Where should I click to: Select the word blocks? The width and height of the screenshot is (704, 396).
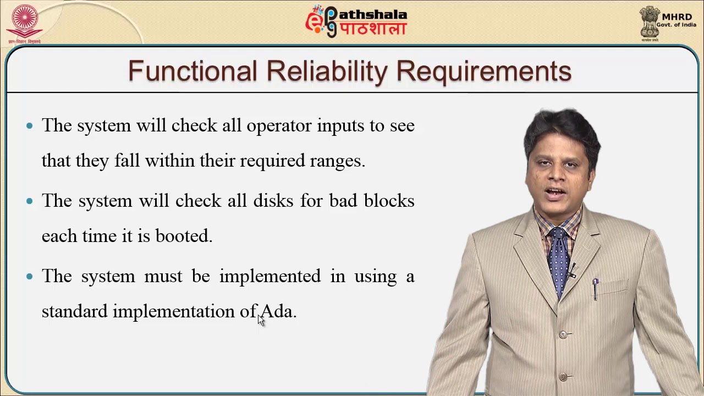389,201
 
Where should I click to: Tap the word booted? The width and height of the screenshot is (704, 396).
184,236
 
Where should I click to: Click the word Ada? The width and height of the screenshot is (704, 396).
278,311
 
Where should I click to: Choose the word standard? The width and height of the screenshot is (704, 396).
74,311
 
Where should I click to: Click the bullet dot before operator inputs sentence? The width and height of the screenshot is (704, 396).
30,126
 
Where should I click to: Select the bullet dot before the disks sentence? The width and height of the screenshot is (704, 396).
30,201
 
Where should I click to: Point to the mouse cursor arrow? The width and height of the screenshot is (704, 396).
261,320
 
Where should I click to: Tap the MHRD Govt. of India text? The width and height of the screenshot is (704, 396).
676,20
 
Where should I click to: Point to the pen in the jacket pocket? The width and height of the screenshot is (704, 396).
595,289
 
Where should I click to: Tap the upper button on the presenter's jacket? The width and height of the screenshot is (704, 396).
562,334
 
